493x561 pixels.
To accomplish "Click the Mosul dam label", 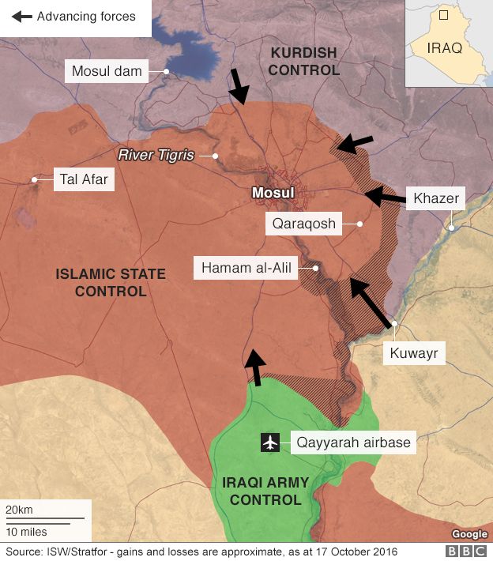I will click(x=107, y=71).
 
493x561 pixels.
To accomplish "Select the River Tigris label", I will click(x=156, y=156).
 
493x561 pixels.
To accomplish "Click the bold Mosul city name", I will click(x=272, y=193).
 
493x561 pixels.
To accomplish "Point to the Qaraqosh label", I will click(x=304, y=224).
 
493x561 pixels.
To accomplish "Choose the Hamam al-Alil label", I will click(x=246, y=269).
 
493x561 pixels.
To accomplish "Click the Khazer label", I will click(x=435, y=198).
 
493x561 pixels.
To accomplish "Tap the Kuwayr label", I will click(x=413, y=352).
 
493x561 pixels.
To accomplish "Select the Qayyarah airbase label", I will click(x=353, y=442).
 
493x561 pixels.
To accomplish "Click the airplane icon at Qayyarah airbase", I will click(x=270, y=442).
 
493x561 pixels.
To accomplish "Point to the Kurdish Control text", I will click(x=304, y=61).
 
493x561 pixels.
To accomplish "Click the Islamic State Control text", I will click(x=111, y=283).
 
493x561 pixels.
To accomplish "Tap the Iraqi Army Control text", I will click(x=262, y=491).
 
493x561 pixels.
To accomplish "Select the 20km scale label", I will click(x=20, y=509).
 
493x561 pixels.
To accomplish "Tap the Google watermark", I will click(x=469, y=534).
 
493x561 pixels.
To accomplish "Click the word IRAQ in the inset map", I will click(x=444, y=47).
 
